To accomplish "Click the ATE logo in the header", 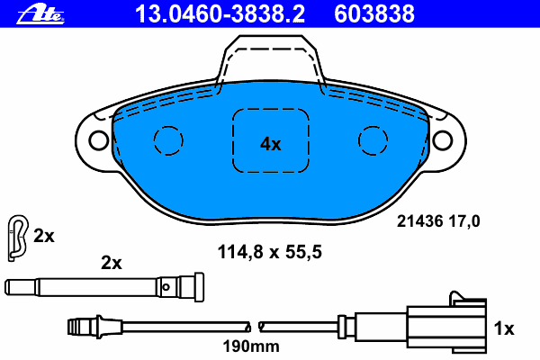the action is [40, 14].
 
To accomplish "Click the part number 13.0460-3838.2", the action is [220, 14].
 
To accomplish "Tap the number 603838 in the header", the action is [374, 14].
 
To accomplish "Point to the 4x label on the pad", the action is [270, 144].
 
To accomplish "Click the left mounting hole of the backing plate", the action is [99, 140].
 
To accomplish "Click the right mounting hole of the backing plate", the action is [442, 140].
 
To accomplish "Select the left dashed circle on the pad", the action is [168, 140].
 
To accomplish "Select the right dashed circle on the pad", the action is [373, 140].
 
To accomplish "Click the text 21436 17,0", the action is [438, 221].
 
